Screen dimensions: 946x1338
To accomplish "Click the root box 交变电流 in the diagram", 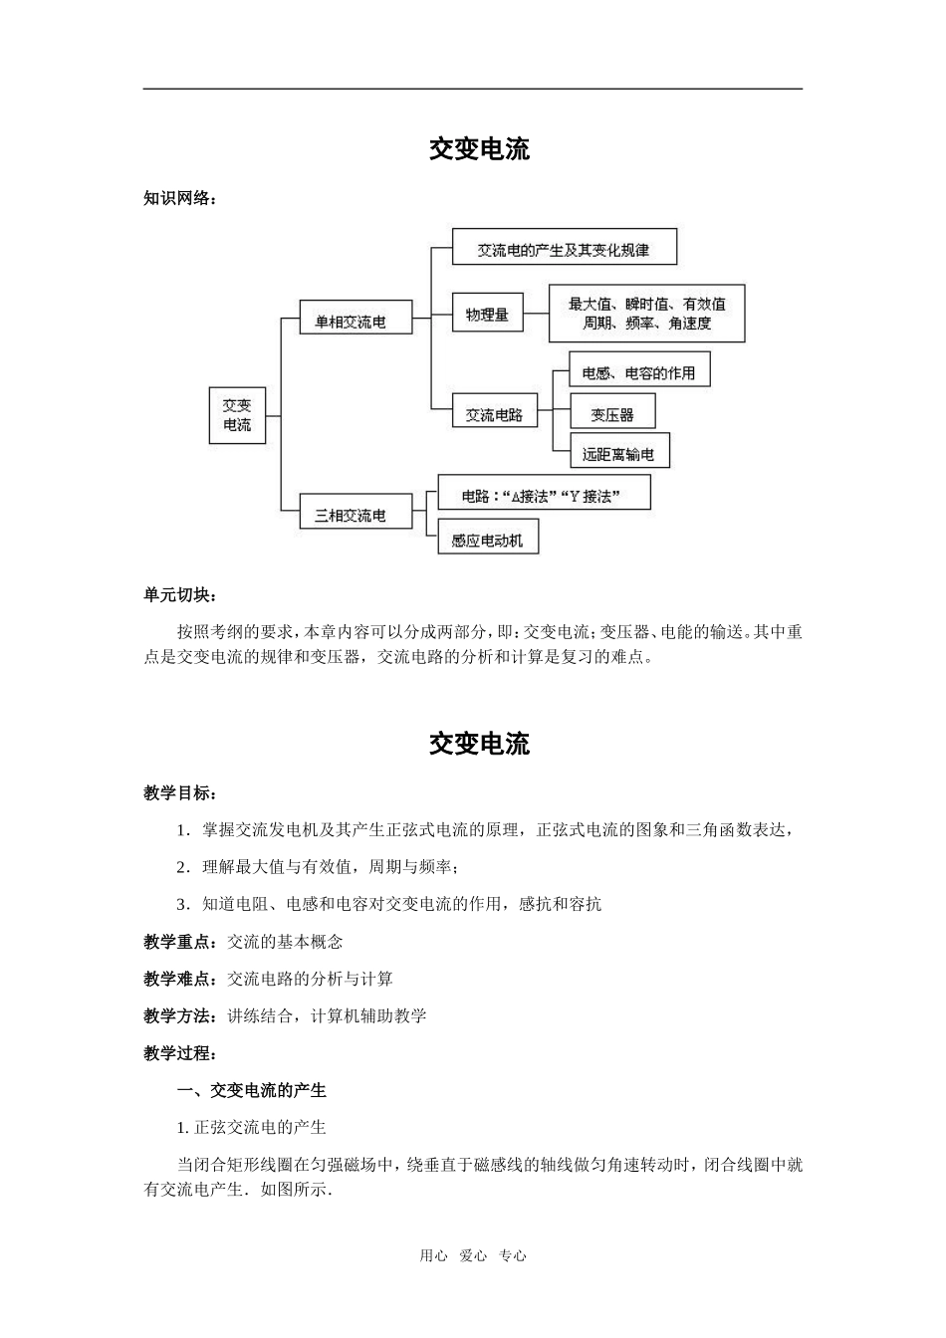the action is (x=237, y=415).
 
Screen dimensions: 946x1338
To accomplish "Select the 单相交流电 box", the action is (x=355, y=322).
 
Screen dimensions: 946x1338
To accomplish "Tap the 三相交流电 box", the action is (x=355, y=516).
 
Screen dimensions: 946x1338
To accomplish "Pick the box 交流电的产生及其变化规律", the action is (x=564, y=249).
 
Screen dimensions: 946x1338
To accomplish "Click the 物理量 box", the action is (x=487, y=315).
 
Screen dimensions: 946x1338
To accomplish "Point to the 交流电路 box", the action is (x=494, y=415).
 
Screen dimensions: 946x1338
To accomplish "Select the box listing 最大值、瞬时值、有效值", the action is (x=647, y=314).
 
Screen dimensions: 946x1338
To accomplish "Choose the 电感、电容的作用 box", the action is (x=638, y=373).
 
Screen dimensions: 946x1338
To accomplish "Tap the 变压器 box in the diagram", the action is (x=611, y=414).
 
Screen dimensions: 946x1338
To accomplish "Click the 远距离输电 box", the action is (x=618, y=454).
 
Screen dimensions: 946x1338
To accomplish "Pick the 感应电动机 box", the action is (x=487, y=541).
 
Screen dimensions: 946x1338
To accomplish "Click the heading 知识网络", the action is (x=180, y=198).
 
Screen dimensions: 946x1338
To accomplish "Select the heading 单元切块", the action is (x=180, y=595).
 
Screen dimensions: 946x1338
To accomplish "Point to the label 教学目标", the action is (x=180, y=793).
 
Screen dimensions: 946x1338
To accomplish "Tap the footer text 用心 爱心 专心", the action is (x=473, y=1255).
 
